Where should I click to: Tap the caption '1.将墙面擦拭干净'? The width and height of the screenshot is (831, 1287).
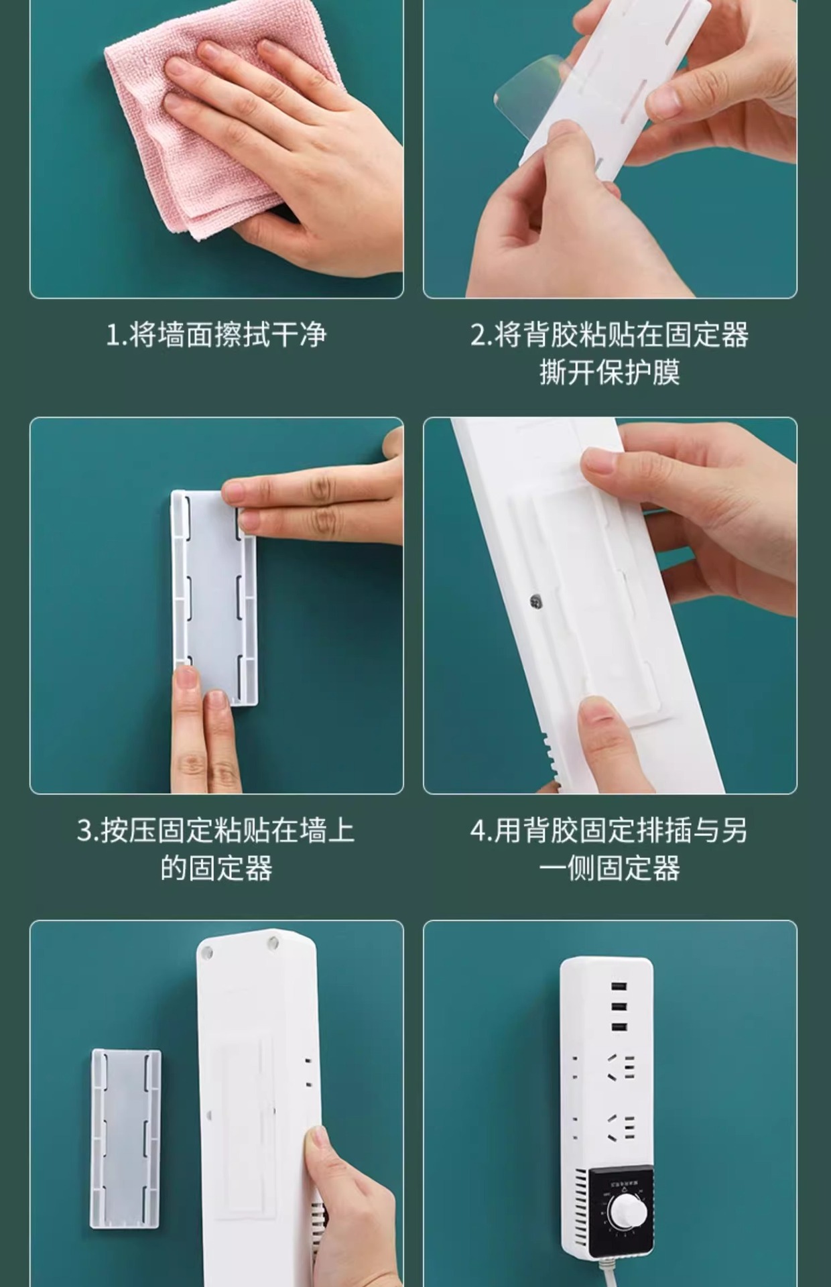(x=216, y=334)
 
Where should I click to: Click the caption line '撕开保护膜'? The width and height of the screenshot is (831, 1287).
(x=610, y=373)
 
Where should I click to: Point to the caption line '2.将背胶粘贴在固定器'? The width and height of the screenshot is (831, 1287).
(x=610, y=334)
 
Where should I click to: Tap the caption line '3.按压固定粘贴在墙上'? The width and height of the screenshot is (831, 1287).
(x=216, y=831)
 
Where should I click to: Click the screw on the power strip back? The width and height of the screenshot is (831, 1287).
(x=535, y=601)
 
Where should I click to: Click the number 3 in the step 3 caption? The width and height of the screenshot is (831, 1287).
(x=84, y=831)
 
